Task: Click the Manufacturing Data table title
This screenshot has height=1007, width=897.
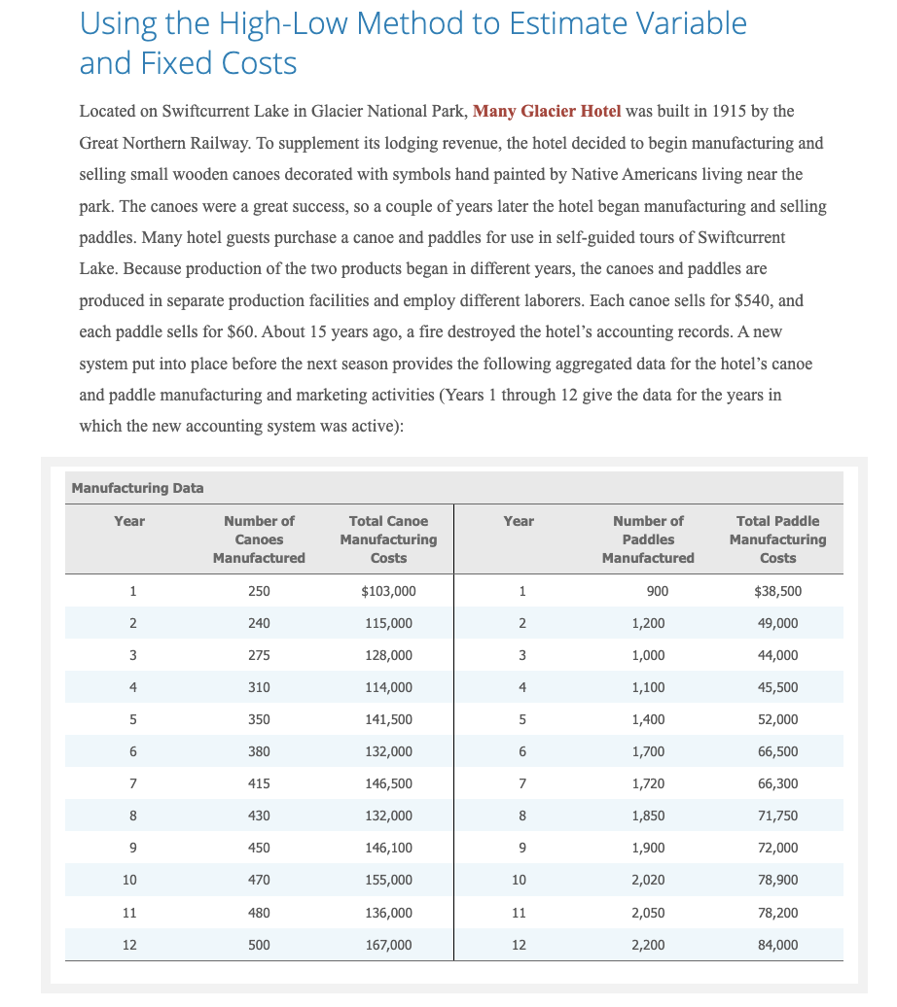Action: click(137, 488)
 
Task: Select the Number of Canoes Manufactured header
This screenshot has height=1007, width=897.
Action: click(259, 539)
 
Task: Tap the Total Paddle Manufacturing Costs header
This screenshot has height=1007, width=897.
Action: click(777, 539)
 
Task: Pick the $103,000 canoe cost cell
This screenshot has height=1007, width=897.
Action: click(388, 591)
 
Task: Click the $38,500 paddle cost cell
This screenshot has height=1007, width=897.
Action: click(777, 591)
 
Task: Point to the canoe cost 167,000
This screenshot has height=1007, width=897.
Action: click(388, 945)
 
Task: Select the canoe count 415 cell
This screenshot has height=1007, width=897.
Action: click(259, 783)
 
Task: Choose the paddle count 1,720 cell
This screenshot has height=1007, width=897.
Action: click(648, 783)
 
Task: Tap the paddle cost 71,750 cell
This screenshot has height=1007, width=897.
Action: click(777, 816)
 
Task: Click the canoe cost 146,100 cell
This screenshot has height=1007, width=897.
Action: click(388, 848)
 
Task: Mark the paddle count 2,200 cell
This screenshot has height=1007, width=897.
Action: click(648, 945)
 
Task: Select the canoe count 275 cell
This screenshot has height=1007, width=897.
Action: click(259, 655)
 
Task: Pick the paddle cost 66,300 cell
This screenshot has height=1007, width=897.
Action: click(777, 783)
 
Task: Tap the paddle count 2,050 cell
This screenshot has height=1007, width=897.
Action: click(648, 913)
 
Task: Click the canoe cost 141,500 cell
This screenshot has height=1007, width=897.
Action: click(388, 719)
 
